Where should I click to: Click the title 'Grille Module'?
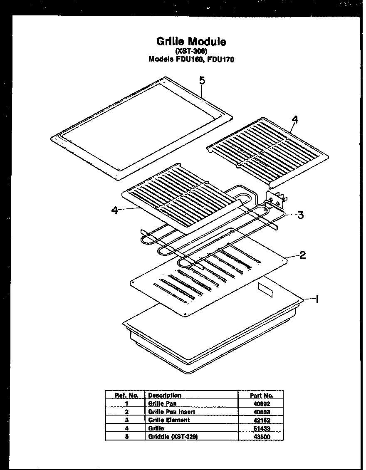click(191, 42)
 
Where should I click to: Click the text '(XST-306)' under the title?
click(191, 51)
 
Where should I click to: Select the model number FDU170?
click(220, 59)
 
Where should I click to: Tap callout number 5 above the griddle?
click(202, 81)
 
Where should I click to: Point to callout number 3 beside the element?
click(300, 215)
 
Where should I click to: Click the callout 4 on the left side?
click(115, 210)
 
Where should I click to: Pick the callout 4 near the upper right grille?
click(294, 120)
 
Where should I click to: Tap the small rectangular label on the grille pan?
click(265, 289)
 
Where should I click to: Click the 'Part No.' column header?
click(261, 396)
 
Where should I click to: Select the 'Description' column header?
click(165, 396)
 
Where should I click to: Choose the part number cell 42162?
click(261, 420)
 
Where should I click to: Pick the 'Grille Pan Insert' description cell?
click(171, 412)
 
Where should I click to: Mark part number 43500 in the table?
click(261, 437)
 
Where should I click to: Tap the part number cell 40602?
click(261, 403)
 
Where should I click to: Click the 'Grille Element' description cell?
click(168, 420)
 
